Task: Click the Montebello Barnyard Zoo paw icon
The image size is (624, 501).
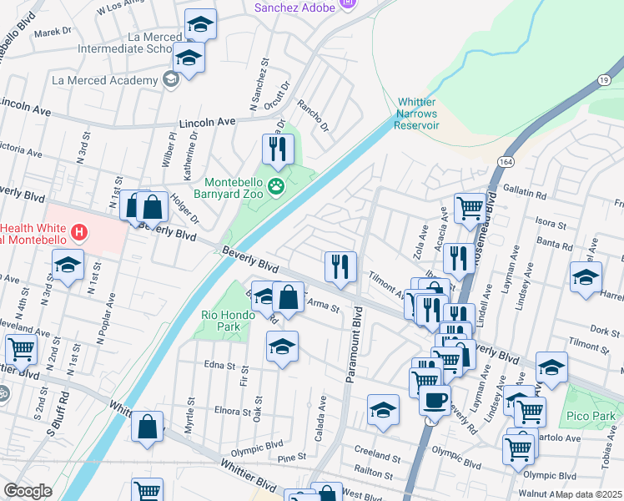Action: [x=277, y=185]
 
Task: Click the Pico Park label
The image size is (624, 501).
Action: [x=594, y=416]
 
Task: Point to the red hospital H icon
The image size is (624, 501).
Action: [x=78, y=232]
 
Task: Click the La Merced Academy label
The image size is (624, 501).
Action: [x=104, y=80]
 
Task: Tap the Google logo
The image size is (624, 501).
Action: [x=28, y=491]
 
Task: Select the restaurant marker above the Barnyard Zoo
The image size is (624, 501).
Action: [x=278, y=149]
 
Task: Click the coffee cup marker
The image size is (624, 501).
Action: [x=435, y=400]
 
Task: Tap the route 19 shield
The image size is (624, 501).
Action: [x=601, y=78]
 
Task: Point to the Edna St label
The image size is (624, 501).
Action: [x=219, y=364]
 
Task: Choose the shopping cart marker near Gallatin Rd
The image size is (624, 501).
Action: [x=470, y=208]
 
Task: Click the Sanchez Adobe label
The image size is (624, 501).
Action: [x=294, y=8]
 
